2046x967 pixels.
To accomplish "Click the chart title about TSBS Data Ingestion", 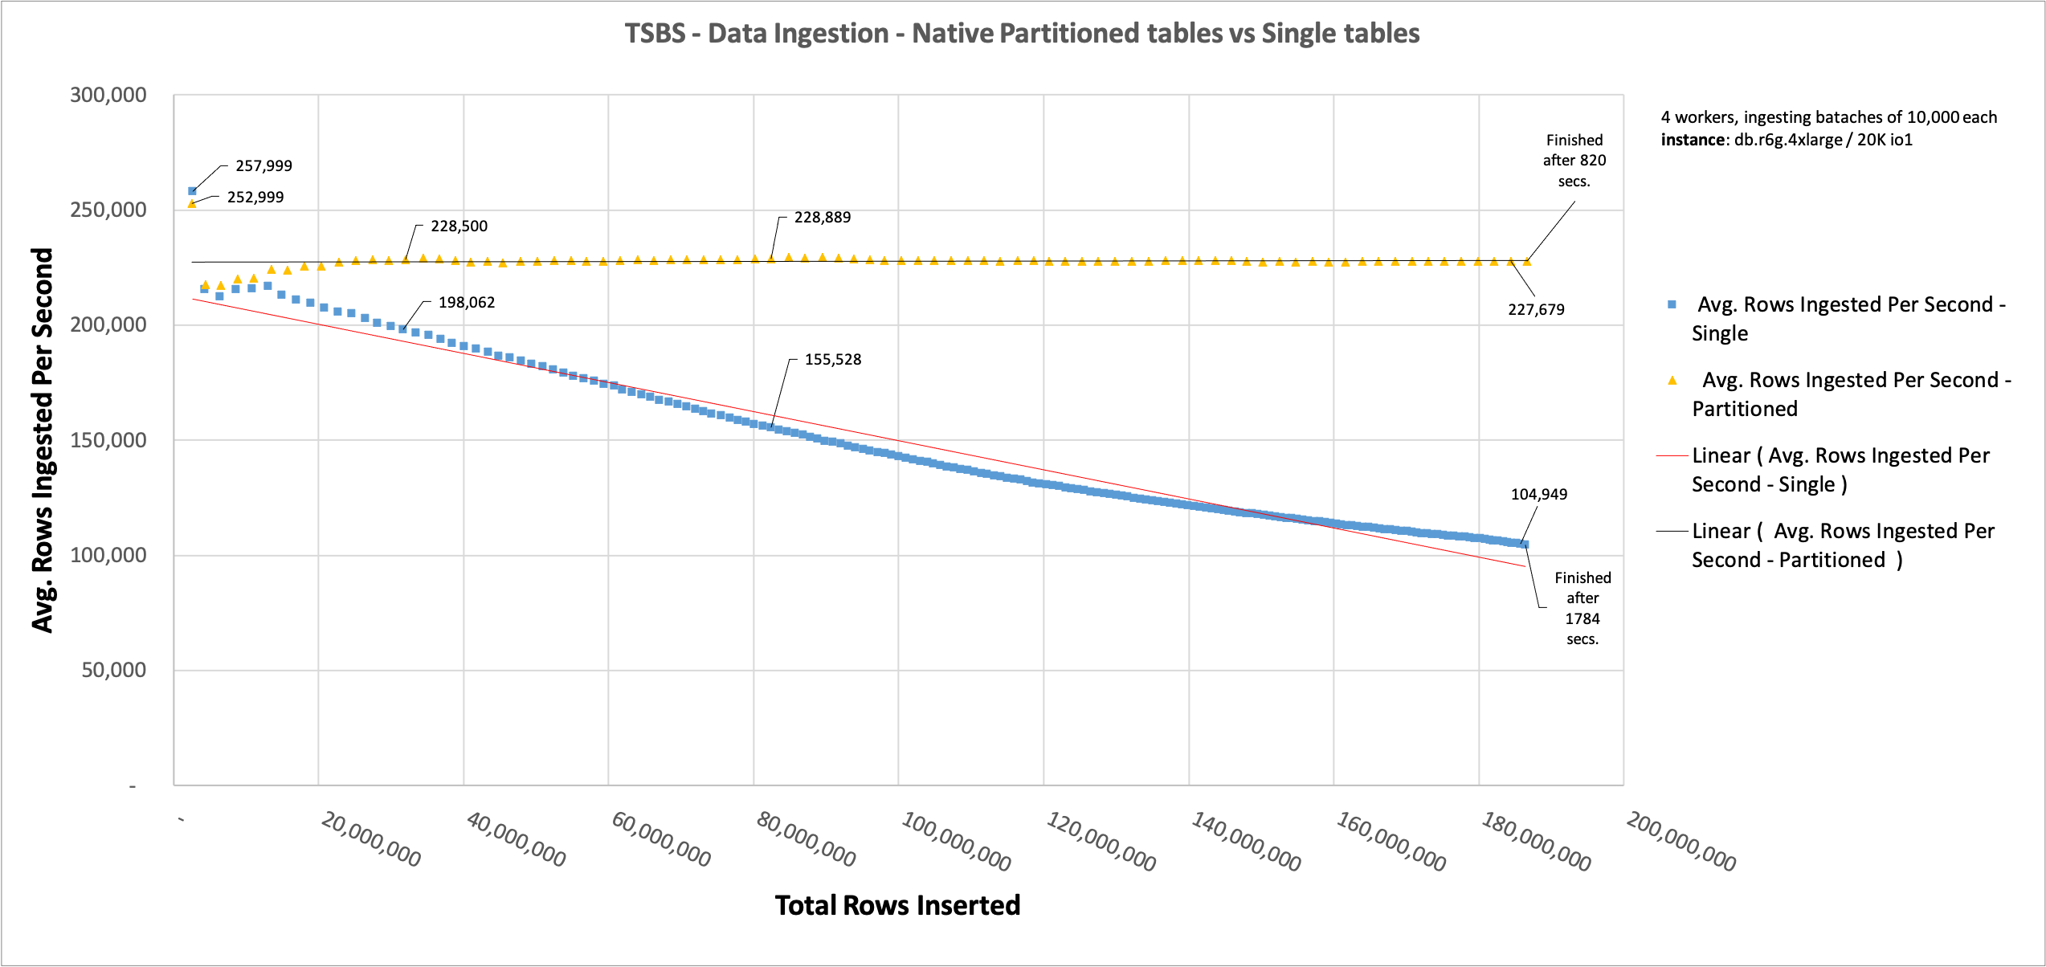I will [x=1022, y=34].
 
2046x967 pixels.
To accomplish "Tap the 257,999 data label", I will [x=263, y=166].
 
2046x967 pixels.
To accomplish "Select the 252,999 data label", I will [x=255, y=198].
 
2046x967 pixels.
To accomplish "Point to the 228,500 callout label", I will [x=459, y=226].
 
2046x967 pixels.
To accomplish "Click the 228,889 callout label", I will [x=822, y=218].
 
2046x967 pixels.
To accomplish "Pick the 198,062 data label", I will [x=466, y=303].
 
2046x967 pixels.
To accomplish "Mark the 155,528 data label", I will [x=832, y=360].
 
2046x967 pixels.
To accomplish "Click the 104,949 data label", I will [x=1538, y=495].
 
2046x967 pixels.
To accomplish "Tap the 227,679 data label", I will [x=1536, y=310].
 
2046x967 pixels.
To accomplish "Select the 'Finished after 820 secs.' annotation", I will [x=1574, y=161].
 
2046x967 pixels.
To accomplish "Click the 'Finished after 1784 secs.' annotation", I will [x=1582, y=608].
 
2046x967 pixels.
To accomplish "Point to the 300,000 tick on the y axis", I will [x=108, y=96].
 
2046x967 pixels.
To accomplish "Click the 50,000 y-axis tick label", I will [x=114, y=671].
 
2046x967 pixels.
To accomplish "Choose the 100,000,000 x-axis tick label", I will [x=956, y=842].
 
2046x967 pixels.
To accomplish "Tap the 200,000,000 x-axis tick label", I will [x=1680, y=842].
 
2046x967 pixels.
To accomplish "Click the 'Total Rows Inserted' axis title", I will [x=897, y=906].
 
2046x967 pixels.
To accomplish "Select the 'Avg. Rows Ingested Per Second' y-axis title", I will [x=42, y=440].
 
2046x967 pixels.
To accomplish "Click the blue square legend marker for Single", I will [x=1672, y=304].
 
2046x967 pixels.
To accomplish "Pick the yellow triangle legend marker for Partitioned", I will [x=1672, y=381].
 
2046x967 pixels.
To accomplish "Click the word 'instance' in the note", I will [x=1691, y=141].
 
